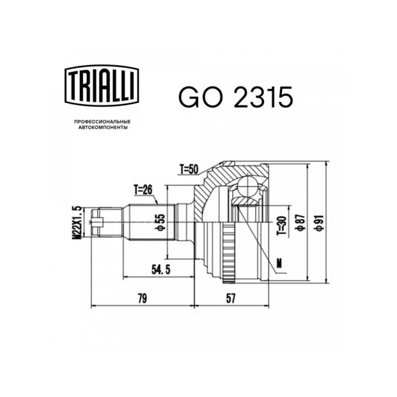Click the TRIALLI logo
(x=102, y=85)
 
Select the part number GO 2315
(x=236, y=97)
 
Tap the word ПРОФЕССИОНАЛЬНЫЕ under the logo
(x=102, y=122)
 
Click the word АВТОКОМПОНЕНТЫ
(x=103, y=128)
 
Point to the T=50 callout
(x=189, y=169)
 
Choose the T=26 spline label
(x=143, y=190)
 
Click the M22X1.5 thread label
(x=77, y=222)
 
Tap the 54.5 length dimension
(x=161, y=270)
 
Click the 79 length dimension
(x=142, y=299)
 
